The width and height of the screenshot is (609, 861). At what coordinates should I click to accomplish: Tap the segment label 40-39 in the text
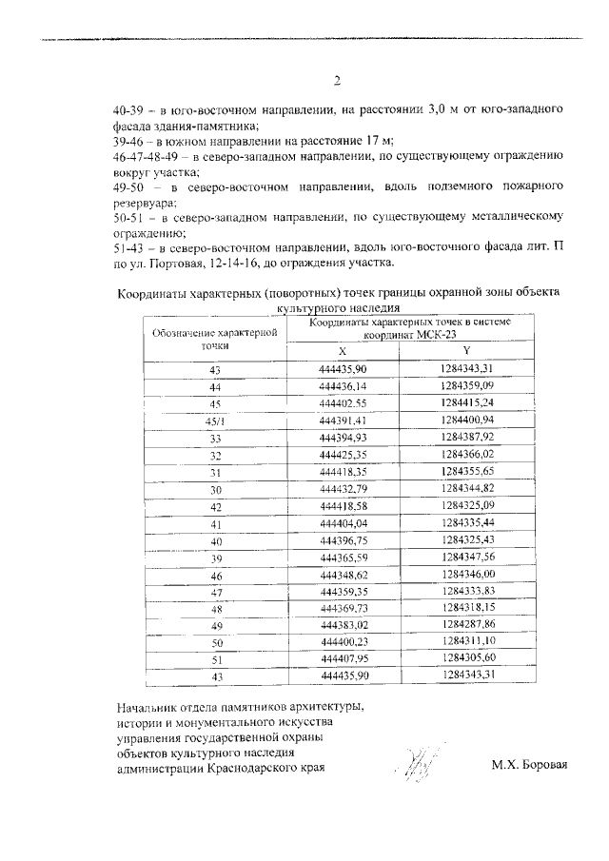[x=129, y=110]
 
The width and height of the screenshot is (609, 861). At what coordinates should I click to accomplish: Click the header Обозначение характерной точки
[x=215, y=340]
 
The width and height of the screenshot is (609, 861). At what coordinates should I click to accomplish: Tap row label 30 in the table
[x=215, y=489]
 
